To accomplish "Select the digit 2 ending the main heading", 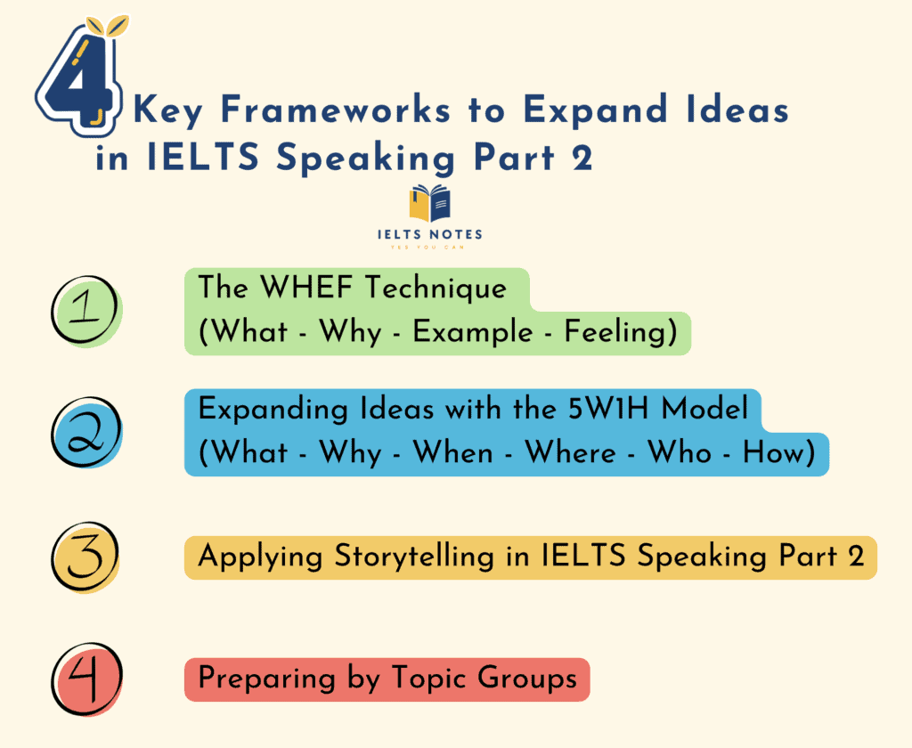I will pos(582,159).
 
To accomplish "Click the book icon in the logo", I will pos(430,204).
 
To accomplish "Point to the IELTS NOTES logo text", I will pos(430,234).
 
